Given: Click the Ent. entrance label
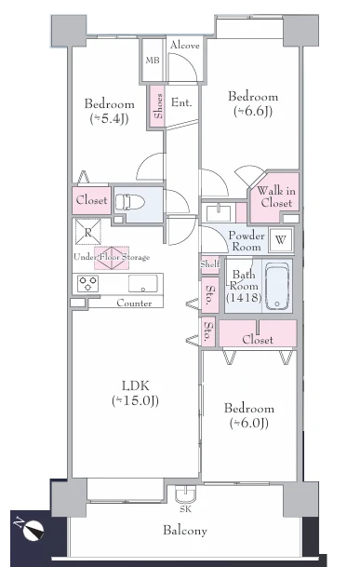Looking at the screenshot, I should pyautogui.click(x=181, y=102).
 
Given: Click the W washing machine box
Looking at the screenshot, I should pyautogui.click(x=281, y=238).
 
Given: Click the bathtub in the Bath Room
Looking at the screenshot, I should pyautogui.click(x=278, y=288).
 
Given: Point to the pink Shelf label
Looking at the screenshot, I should pyautogui.click(x=209, y=264).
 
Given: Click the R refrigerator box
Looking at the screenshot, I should pyautogui.click(x=87, y=234).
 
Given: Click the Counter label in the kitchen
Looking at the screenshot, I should pyautogui.click(x=134, y=304).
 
